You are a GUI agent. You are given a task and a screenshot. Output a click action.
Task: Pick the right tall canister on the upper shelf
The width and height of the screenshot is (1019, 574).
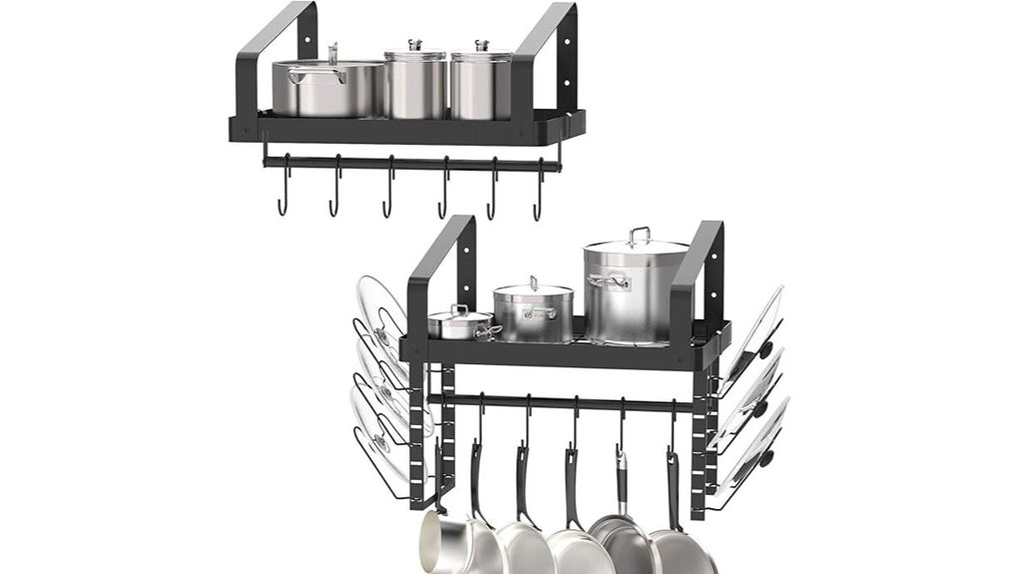[481, 84]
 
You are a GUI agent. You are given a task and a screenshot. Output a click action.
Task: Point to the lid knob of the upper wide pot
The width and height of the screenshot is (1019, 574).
[333, 50]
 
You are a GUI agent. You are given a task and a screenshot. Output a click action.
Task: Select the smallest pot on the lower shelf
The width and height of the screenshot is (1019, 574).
[460, 324]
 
